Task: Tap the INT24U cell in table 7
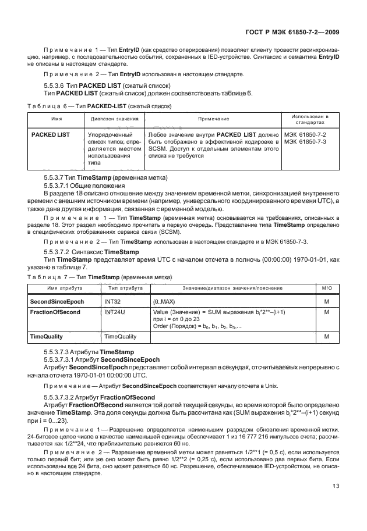(114, 312)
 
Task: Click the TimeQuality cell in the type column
(120, 337)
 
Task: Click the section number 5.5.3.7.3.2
(61, 397)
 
